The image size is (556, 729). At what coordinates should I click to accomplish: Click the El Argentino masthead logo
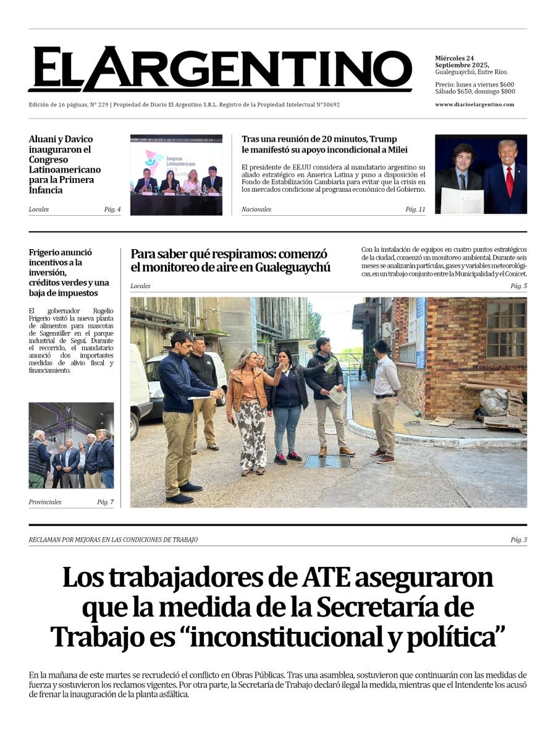219,69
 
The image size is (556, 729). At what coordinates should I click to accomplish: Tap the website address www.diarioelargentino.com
474,104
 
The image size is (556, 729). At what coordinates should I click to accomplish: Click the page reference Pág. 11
415,210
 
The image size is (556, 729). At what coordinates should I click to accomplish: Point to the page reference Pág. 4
112,210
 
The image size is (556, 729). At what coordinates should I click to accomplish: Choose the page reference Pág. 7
105,502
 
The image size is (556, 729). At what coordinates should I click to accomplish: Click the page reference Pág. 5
518,286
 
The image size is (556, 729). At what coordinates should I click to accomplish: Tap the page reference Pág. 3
518,540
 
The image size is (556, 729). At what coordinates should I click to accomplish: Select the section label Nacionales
256,210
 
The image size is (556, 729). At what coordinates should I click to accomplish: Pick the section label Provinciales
45,502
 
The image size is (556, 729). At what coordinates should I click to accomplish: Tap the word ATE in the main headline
327,578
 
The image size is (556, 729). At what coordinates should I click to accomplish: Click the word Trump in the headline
383,139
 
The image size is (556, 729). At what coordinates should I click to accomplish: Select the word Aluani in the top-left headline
43,140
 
